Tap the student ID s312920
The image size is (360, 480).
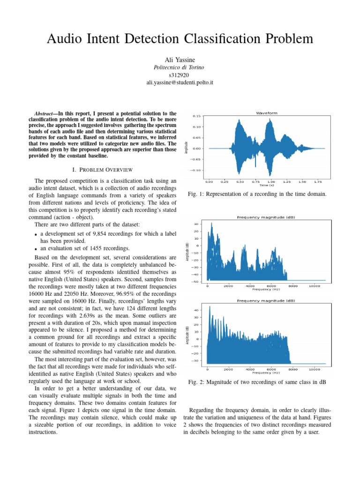[180, 75]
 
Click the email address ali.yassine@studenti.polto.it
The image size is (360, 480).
[180, 82]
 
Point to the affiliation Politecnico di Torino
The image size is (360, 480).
[180, 67]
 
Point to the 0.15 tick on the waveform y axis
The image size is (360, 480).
[197, 116]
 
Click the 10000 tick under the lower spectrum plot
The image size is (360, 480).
[314, 368]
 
